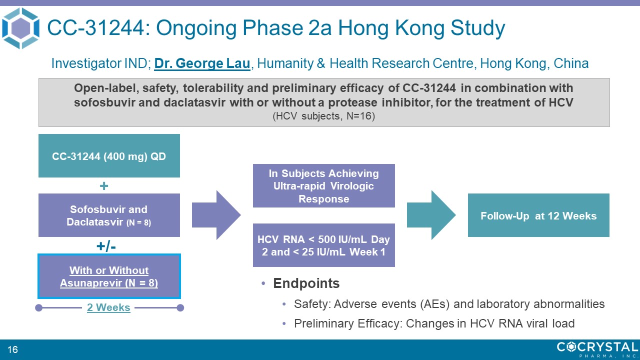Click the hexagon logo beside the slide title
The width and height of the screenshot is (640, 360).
tap(20, 28)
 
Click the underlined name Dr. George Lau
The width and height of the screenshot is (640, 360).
tap(202, 63)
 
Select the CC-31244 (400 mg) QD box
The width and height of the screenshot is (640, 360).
tap(109, 155)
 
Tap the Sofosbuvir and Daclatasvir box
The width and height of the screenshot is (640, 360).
tap(109, 215)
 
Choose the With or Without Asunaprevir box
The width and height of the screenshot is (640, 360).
tap(109, 276)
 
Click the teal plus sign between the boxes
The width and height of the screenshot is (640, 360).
tap(104, 186)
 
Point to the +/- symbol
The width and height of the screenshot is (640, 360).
tap(106, 246)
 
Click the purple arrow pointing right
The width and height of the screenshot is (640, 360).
tap(216, 215)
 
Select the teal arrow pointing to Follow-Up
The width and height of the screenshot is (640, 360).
tap(431, 215)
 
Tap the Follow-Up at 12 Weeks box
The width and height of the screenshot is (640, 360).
tap(538, 215)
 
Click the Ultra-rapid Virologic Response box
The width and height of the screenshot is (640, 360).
tap(324, 185)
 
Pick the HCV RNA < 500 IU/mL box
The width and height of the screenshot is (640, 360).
tap(324, 245)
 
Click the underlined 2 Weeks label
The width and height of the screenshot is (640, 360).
tap(108, 307)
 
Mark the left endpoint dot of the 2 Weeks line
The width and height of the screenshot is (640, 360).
tap(39, 307)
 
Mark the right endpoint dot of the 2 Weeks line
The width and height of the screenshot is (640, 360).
tap(180, 307)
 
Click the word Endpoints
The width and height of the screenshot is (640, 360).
tap(306, 283)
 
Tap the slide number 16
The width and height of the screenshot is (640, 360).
tap(12, 349)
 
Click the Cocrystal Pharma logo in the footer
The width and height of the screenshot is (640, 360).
tap(597, 349)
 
